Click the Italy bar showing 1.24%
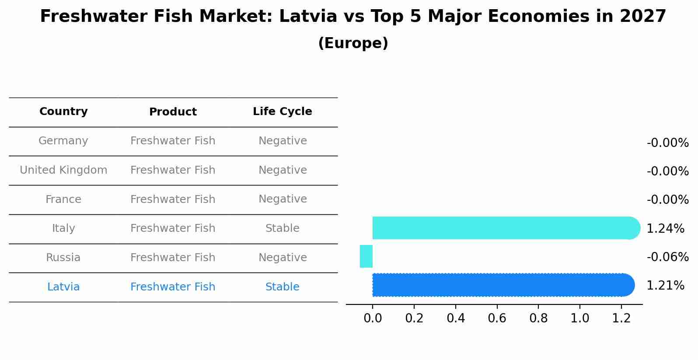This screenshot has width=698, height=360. [503, 228]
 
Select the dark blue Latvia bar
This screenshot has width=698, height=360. [503, 285]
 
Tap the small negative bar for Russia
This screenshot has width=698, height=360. [366, 256]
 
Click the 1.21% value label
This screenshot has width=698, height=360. [665, 286]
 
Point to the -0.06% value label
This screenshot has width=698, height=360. [667, 257]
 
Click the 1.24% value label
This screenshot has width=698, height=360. [665, 228]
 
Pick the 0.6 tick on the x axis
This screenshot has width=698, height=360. [497, 318]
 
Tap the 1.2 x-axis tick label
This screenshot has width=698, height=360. [621, 318]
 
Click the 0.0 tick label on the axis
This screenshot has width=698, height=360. [373, 318]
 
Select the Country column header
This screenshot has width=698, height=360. [63, 112]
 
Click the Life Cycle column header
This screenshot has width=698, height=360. [282, 112]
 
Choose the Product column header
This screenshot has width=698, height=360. [173, 112]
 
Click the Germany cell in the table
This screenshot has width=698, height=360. [63, 141]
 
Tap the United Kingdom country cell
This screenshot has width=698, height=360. [63, 170]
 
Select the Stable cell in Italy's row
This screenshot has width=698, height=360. [282, 228]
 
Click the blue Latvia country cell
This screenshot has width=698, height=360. [63, 287]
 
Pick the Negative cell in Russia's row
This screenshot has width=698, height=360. [282, 258]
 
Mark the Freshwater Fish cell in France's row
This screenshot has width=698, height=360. [173, 199]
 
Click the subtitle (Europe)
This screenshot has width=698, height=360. [353, 43]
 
